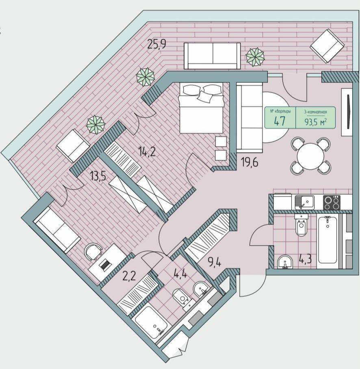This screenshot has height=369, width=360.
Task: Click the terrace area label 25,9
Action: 157,44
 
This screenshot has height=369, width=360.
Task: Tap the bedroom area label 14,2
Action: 147,151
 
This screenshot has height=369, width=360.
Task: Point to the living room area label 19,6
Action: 249,162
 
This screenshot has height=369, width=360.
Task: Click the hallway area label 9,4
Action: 214,262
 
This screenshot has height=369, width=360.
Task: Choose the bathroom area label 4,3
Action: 305,259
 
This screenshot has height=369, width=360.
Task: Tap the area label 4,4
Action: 180,274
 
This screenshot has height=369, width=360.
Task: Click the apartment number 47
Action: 280,121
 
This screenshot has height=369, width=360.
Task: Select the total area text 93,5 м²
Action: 316,122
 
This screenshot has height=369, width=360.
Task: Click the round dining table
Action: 311,156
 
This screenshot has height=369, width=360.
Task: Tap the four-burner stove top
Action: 332,203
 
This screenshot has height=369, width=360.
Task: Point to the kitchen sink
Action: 304,202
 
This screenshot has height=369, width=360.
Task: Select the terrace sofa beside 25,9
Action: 212,56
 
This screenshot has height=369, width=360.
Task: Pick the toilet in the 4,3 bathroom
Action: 300,225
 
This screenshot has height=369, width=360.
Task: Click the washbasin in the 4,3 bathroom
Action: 285,262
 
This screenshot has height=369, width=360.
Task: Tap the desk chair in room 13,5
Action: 93,252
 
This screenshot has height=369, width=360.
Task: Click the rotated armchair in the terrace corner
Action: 327,46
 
